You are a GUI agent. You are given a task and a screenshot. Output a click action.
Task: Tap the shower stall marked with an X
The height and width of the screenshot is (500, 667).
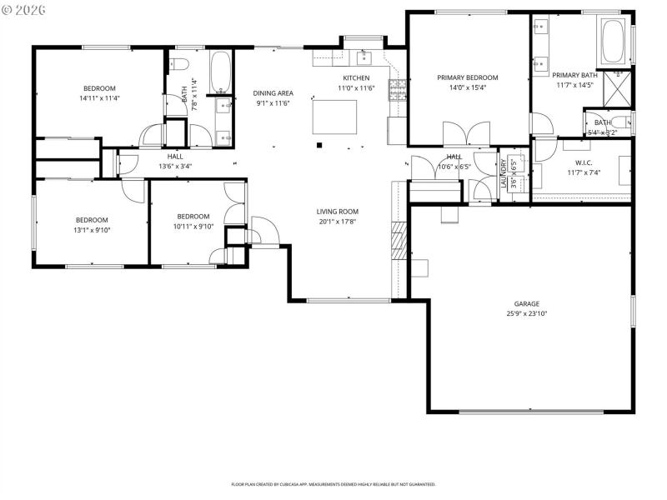pyautogui.click(x=618, y=87)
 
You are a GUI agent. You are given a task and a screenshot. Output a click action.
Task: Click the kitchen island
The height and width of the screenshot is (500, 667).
pyautogui.click(x=334, y=116)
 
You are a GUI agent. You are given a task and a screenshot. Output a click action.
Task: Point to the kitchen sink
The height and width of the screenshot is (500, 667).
pyautogui.click(x=364, y=57)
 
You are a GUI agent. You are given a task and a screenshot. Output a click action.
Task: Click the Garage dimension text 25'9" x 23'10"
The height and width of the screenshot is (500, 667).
pyautogui.click(x=526, y=313)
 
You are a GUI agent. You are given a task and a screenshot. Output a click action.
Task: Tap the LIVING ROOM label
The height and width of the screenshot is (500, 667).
pyautogui.click(x=337, y=212)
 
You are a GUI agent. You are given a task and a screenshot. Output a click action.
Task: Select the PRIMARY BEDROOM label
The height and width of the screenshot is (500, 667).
pyautogui.click(x=467, y=77)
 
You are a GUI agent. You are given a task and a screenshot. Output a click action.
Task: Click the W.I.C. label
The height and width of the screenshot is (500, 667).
pyautogui.click(x=583, y=162)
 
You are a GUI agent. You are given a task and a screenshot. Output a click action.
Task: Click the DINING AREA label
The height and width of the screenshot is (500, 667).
pyautogui.click(x=273, y=93)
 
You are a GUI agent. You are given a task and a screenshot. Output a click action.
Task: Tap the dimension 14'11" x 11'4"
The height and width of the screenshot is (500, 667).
pyautogui.click(x=98, y=98)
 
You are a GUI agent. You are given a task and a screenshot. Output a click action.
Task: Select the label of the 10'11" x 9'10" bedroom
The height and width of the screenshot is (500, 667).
pyautogui.click(x=193, y=216)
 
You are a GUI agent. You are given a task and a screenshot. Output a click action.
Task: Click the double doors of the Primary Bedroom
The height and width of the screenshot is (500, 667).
pyautogui.click(x=466, y=133)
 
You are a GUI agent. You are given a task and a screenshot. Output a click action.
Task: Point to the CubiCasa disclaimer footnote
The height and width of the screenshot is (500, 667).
pyautogui.click(x=333, y=484)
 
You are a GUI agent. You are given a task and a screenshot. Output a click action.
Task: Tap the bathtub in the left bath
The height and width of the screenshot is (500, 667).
pyautogui.click(x=221, y=72)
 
